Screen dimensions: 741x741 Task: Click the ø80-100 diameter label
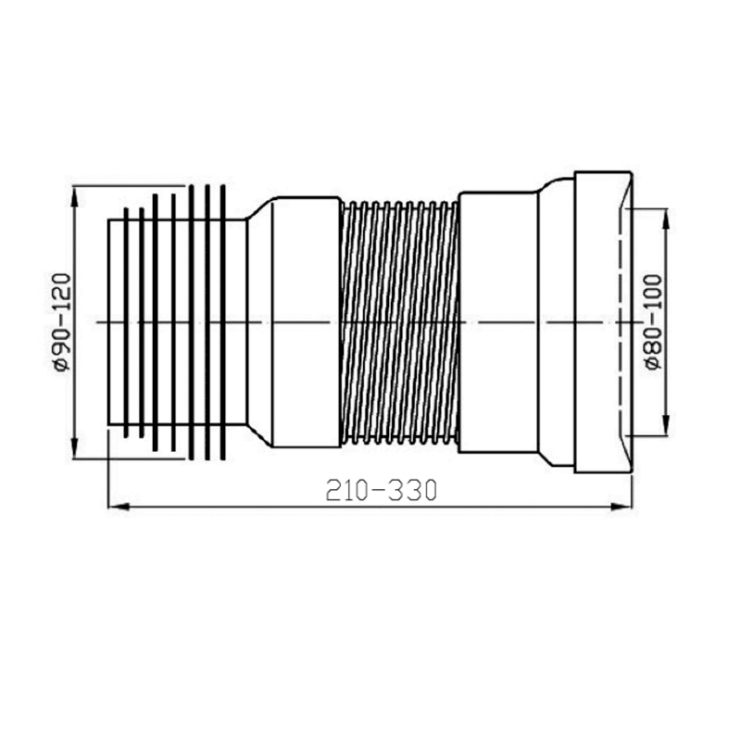652,320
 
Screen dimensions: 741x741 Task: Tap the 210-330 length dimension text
380,490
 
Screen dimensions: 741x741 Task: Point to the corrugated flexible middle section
399,322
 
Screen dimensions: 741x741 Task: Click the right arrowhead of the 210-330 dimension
625,506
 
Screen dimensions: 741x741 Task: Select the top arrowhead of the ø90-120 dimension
74,192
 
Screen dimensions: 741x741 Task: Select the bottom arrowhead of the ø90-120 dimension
74,453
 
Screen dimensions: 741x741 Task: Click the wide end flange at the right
603,322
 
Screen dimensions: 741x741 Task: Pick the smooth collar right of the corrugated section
498,322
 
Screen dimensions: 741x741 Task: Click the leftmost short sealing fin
126,322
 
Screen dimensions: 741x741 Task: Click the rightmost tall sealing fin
223,322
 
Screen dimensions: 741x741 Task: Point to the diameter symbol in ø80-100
652,361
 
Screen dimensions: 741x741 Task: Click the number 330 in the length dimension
410,490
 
